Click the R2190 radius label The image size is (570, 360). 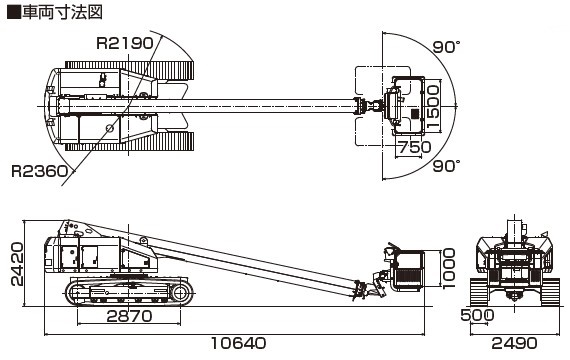coord(125,43)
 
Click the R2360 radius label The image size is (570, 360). coord(40,171)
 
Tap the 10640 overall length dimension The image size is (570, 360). coord(238,343)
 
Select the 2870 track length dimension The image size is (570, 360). coord(129,316)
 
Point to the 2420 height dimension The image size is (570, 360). coord(17,264)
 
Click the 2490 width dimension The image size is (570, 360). coord(514,343)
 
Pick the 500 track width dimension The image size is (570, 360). coord(477,315)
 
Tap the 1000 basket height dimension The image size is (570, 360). coord(449,268)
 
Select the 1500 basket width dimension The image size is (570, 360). coord(433,107)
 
